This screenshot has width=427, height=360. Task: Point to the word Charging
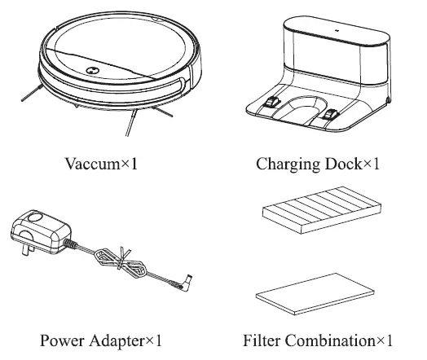pos(284,165)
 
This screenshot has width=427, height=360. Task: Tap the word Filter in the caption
pos(262,340)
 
